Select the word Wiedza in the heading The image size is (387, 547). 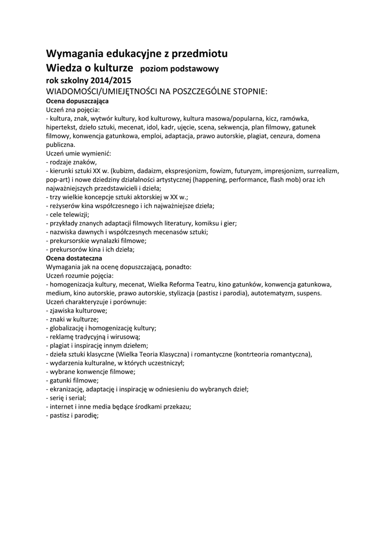tap(66, 68)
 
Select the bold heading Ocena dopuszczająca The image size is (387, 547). tap(77, 100)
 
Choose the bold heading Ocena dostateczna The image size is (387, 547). tap(74, 258)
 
